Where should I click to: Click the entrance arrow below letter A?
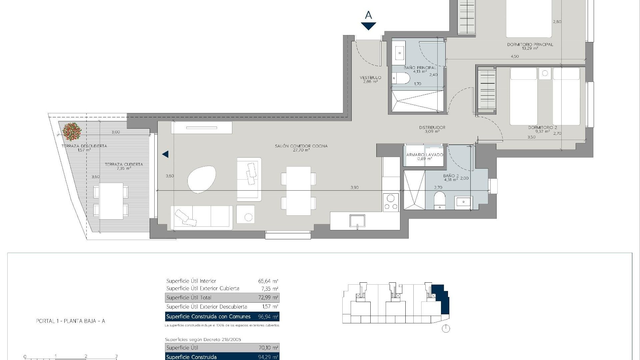(x=368, y=26)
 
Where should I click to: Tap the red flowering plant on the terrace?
(x=72, y=131)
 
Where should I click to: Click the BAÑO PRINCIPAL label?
(x=420, y=68)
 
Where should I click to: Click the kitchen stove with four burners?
(x=391, y=202)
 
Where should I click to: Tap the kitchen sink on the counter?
(x=357, y=221)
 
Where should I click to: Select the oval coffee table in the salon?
(x=201, y=179)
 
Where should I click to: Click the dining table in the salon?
(x=298, y=191)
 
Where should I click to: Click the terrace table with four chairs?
(x=111, y=201)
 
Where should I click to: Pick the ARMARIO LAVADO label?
(x=425, y=155)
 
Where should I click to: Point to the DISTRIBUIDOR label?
(x=432, y=127)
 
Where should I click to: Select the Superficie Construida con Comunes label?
(x=208, y=317)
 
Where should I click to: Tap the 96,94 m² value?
(x=268, y=317)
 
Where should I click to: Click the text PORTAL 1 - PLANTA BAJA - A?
(x=70, y=321)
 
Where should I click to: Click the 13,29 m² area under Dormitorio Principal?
(x=530, y=48)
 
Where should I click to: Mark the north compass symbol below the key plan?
(x=446, y=329)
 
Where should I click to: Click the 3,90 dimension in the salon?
(x=354, y=187)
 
